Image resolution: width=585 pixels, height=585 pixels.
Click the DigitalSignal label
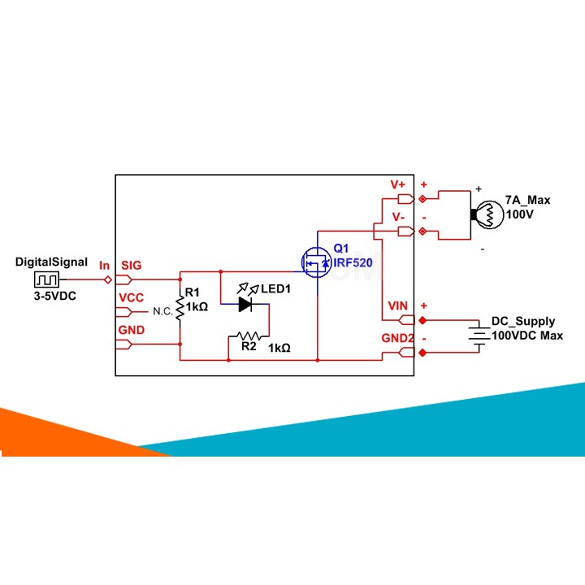51,262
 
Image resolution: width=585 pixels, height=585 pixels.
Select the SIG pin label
131,265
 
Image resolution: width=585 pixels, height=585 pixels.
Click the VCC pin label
131,298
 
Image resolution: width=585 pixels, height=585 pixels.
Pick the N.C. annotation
162,311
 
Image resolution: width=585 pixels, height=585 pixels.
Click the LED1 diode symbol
246,305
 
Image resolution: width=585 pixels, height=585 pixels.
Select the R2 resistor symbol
247,335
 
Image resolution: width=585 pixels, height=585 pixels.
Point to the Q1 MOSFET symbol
315,262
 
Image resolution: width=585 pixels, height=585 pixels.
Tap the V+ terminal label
398,184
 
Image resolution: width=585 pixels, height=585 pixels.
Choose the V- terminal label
398,217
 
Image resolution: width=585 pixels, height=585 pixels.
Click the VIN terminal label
398,305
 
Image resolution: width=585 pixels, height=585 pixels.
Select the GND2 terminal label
398,337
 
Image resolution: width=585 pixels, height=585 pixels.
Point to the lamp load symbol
484,215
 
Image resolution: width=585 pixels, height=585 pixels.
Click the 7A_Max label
527,200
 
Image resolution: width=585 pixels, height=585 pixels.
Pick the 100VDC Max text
526,335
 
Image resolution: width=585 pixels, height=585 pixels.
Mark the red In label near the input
104,266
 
